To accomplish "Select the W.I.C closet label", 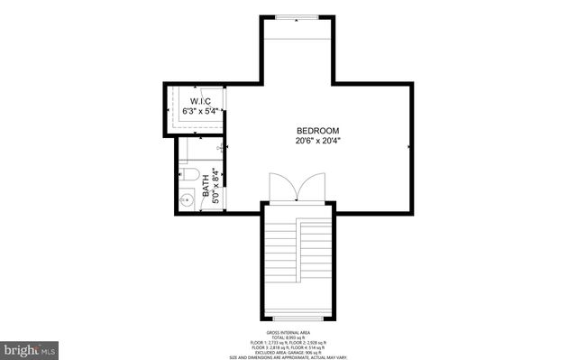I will (x=200, y=100).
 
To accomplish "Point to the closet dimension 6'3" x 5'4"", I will (x=200, y=111).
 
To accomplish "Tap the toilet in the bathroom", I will (x=188, y=173).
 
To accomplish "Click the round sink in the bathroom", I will (x=188, y=199).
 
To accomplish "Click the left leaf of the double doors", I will (x=283, y=188).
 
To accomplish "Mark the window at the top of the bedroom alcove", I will (x=297, y=17).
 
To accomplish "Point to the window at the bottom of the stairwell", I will (x=298, y=316).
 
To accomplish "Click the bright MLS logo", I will (x=30, y=347).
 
